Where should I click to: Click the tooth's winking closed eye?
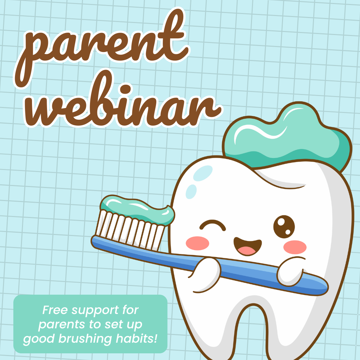pyautogui.click(x=213, y=226)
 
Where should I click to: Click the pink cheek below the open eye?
pyautogui.click(x=295, y=247)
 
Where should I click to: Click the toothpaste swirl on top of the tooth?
pyautogui.click(x=287, y=140)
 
